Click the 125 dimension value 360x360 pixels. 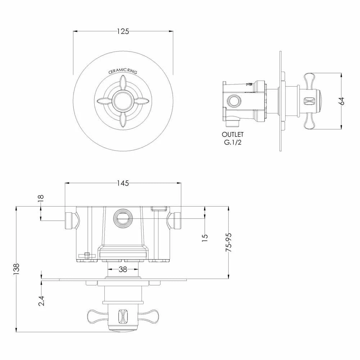[123, 31]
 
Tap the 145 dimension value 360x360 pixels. [123, 183]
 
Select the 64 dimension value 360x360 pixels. [342, 101]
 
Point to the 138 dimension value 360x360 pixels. [16, 269]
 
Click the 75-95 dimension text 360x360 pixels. [229, 242]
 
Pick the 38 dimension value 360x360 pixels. [123, 269]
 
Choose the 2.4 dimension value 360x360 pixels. [41, 301]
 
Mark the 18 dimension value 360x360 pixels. [40, 198]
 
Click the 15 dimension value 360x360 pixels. [205, 237]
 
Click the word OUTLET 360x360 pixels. [233, 134]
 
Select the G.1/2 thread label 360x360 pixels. [233, 142]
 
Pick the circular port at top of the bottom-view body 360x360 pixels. [123, 217]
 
